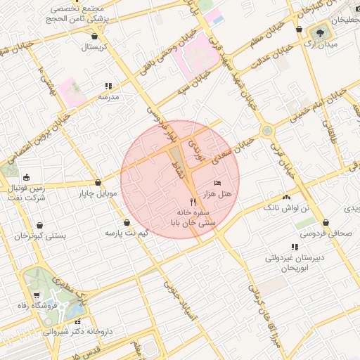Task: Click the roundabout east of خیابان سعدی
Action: [266, 130]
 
